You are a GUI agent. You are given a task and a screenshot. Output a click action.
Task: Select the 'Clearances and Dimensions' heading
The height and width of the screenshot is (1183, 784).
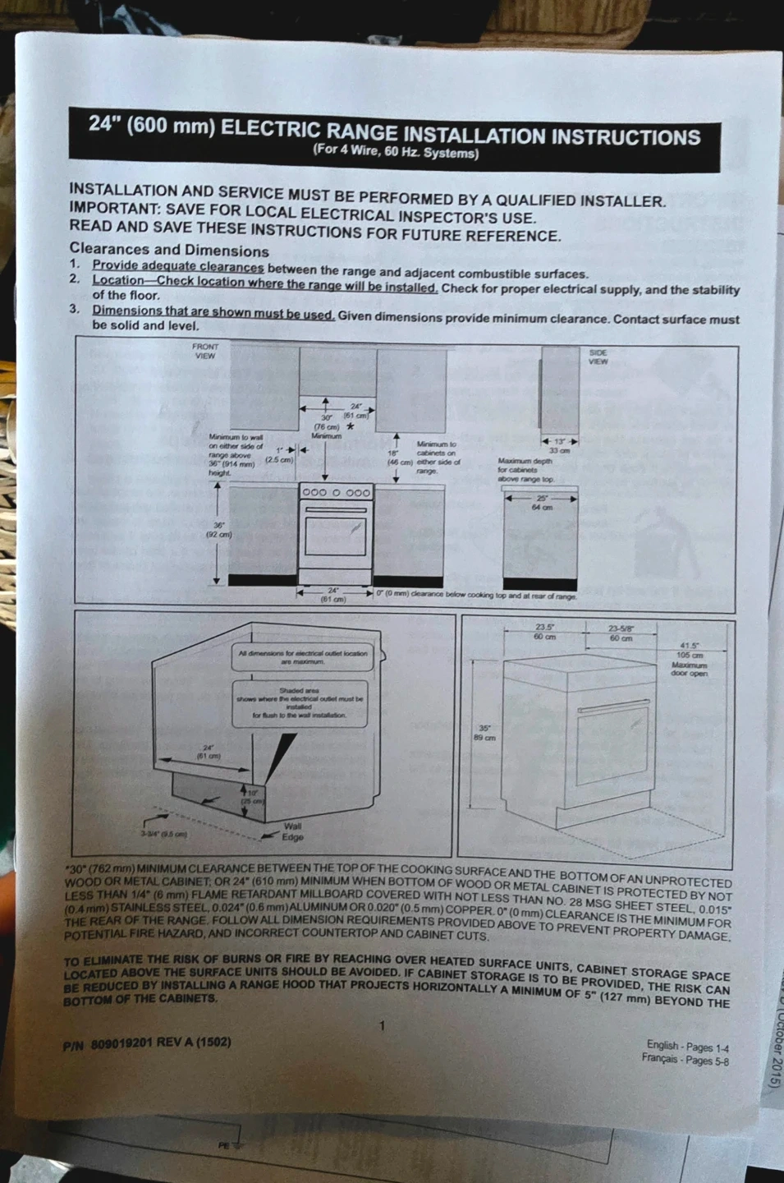[169, 250]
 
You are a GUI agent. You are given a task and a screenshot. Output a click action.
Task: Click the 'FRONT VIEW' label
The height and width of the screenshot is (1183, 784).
[204, 352]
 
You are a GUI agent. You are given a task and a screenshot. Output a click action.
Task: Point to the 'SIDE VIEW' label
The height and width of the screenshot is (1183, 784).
[598, 357]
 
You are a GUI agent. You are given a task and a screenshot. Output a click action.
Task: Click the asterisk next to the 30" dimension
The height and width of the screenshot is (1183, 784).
[351, 426]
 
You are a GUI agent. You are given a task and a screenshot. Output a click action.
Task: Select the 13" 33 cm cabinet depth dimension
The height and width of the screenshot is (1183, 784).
[559, 446]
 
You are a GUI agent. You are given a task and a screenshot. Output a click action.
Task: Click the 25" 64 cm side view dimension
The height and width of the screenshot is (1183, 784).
[542, 503]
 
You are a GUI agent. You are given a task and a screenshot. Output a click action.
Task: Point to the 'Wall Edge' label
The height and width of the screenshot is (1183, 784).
[292, 831]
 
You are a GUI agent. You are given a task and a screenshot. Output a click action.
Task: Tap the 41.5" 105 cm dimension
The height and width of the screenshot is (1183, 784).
[690, 651]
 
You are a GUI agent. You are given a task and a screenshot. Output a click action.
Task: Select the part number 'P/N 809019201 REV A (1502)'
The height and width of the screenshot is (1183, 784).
[147, 1044]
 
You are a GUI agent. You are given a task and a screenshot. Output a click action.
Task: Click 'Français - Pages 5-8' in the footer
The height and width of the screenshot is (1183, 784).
[685, 1059]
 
